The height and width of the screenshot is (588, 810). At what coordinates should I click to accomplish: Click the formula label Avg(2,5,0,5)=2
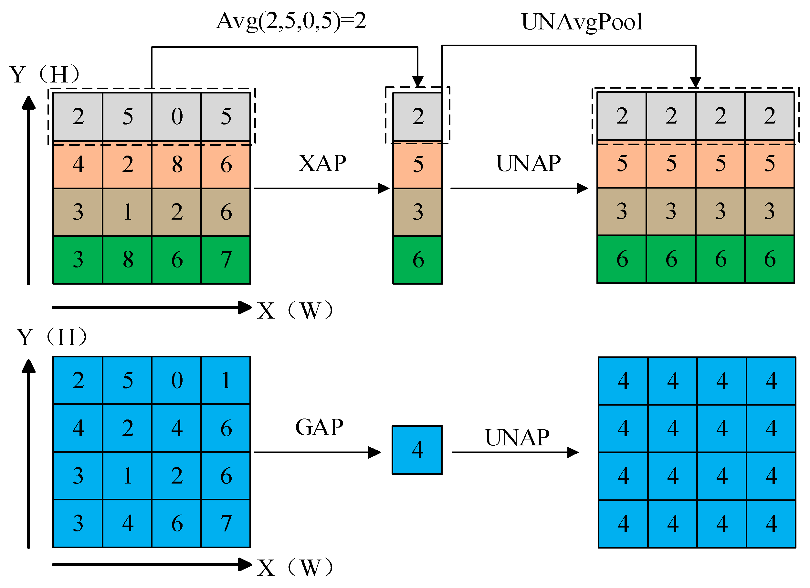[291, 21]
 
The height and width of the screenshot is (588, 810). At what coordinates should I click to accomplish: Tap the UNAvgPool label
[582, 22]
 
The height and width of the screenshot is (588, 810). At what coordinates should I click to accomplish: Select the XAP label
[322, 164]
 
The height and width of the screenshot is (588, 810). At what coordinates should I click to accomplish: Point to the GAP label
[319, 427]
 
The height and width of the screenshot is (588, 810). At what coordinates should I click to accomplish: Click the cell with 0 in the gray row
[177, 116]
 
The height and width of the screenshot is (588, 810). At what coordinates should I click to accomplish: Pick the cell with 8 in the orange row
[177, 164]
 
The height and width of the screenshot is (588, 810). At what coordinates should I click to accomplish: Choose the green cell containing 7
[226, 259]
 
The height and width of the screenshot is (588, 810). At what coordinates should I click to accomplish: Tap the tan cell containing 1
[128, 212]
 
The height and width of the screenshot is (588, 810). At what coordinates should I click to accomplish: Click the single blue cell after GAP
[417, 450]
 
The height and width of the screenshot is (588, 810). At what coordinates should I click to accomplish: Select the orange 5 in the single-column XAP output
[417, 164]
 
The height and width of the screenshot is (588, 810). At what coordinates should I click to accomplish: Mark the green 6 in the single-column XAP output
[417, 259]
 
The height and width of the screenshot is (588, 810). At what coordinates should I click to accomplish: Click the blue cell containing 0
[177, 380]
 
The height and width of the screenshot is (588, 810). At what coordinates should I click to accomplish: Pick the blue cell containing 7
[226, 524]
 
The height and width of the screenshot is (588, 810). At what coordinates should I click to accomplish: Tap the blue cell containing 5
[128, 380]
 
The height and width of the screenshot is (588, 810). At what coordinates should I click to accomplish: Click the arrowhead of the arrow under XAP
[384, 188]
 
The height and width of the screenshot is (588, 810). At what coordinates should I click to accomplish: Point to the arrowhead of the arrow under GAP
[374, 452]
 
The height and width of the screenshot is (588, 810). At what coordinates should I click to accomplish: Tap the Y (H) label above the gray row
[45, 75]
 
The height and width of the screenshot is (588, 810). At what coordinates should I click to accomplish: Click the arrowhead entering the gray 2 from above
[417, 82]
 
